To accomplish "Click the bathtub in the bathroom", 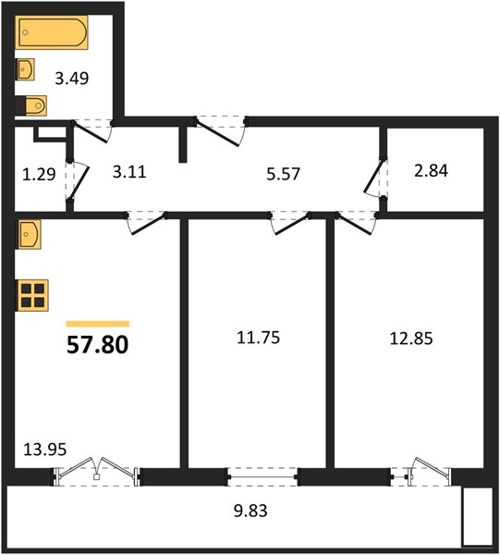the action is point(52,32).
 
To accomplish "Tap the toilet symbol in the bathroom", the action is point(31,105).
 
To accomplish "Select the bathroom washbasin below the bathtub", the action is point(26,69).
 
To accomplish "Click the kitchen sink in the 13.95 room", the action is point(29,234).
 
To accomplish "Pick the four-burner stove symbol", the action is point(32,295).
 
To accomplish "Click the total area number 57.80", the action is point(97,345).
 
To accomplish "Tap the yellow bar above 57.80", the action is point(98,324).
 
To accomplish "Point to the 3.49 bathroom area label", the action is point(72,79).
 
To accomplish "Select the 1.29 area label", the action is point(39,174).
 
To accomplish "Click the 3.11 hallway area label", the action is point(129,172).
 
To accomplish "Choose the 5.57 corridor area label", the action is point(283,174).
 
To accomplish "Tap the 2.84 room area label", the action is point(431,170).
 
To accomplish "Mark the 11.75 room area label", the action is point(258,338).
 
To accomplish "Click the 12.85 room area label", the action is point(411,339).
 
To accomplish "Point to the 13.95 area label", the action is point(45,450).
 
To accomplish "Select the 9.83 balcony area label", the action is point(250,511).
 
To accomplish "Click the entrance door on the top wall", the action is point(219,132).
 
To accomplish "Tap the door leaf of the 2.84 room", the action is point(374,177).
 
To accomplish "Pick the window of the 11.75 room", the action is point(262,476).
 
